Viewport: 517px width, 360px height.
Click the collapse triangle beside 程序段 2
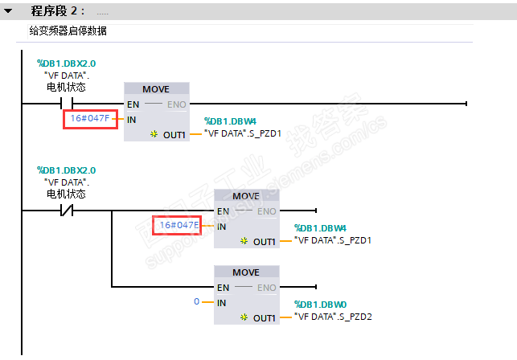tap(8, 11)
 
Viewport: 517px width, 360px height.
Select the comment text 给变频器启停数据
tap(68, 31)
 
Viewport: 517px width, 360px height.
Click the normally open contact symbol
tap(67, 104)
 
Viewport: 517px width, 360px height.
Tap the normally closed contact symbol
tap(67, 211)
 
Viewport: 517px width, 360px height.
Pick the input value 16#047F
tap(90, 118)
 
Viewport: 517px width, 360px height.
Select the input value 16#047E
tap(179, 225)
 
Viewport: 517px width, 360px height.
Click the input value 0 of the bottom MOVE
tap(196, 301)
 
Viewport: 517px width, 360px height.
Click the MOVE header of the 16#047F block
tap(156, 89)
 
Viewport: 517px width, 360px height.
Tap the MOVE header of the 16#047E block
tap(246, 196)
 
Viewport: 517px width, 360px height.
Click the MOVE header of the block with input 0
tap(246, 272)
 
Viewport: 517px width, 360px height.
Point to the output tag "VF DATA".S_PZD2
tap(333, 317)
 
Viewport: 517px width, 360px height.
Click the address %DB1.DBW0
tap(321, 305)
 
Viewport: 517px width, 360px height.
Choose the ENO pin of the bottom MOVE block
tap(267, 288)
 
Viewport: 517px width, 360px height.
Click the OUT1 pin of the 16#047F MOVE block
tap(174, 135)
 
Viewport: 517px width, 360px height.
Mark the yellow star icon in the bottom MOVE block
tap(244, 317)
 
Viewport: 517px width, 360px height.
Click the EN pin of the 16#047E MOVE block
tap(224, 211)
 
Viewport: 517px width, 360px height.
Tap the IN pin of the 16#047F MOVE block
tap(132, 120)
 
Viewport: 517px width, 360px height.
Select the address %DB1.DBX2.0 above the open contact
tap(66, 63)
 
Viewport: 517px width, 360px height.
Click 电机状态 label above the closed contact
tap(66, 194)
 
